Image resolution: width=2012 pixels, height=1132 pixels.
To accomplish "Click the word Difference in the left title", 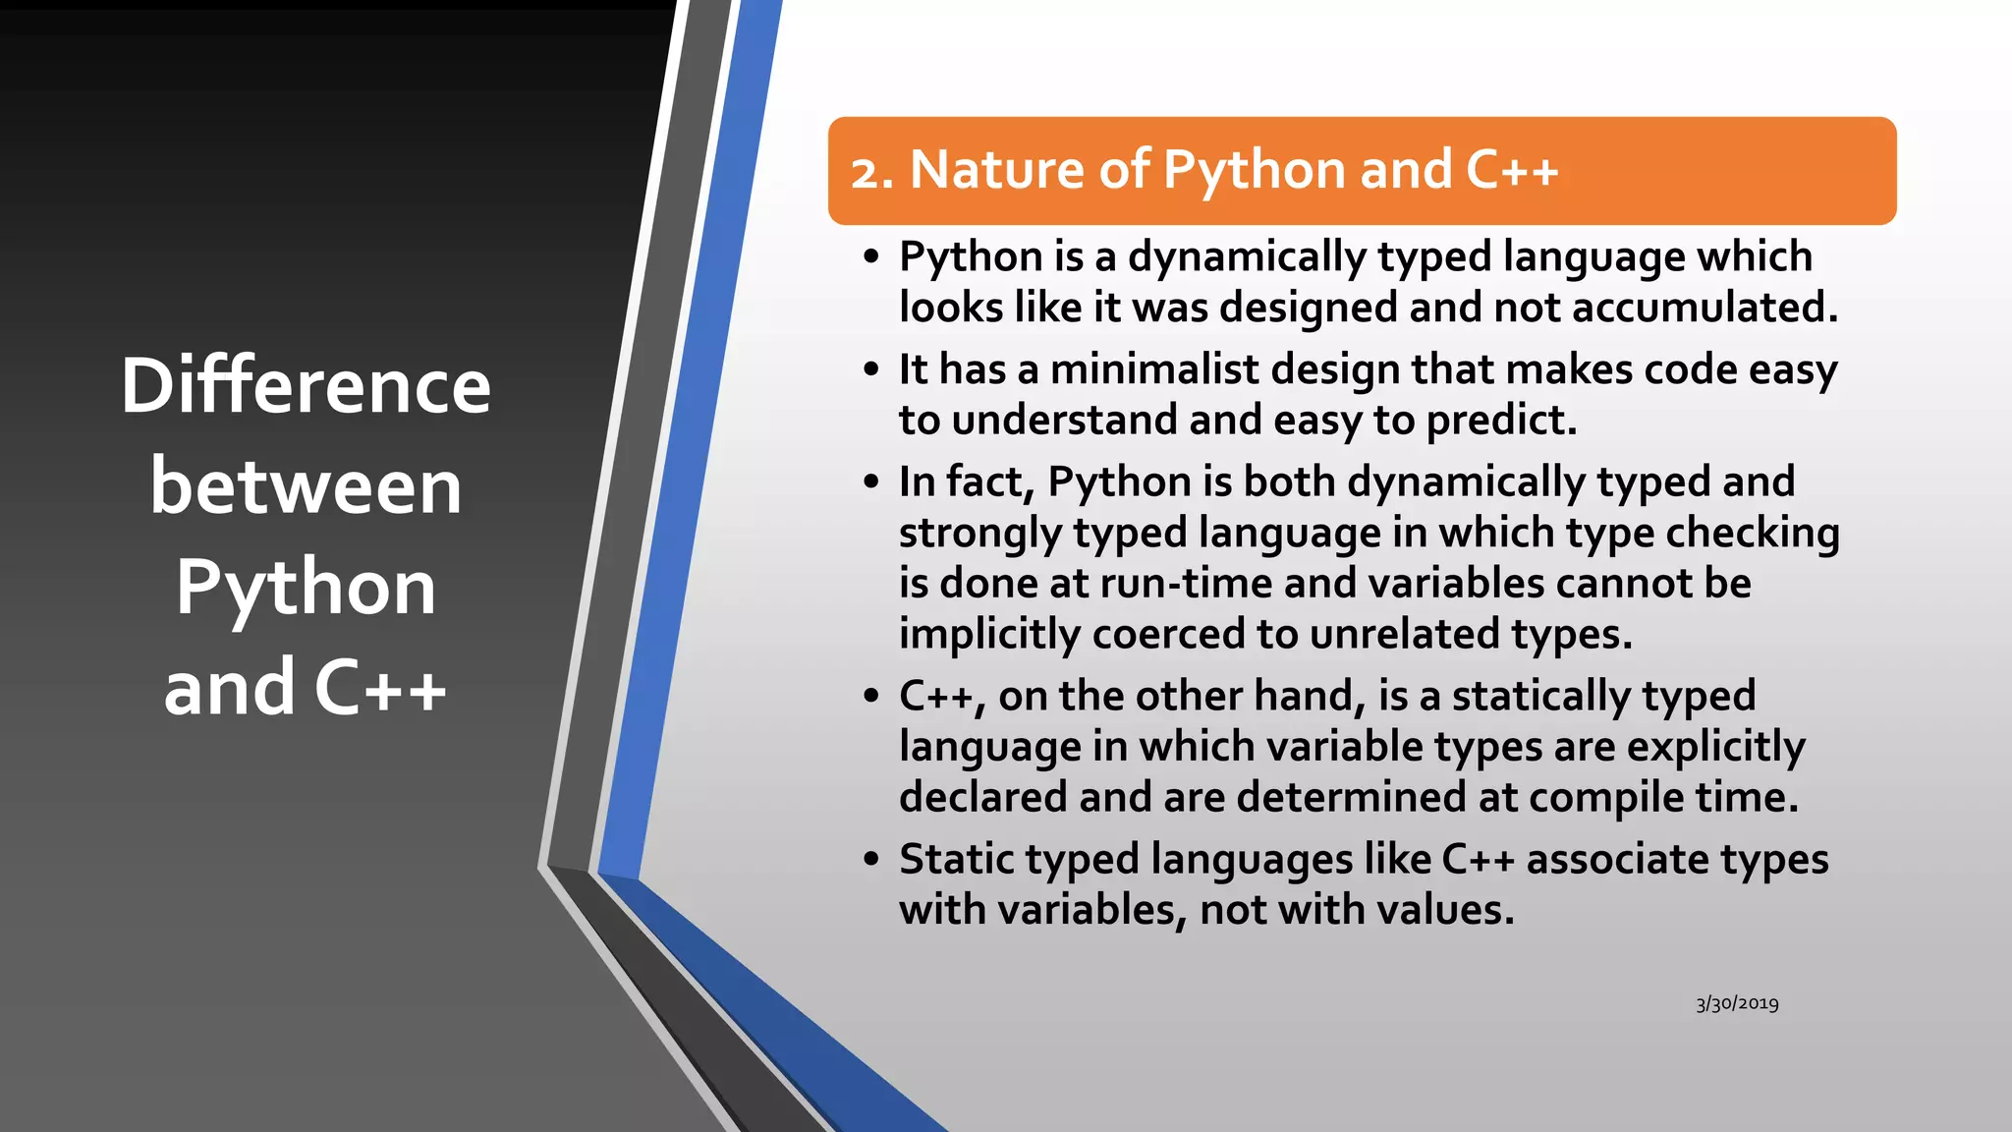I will (x=306, y=386).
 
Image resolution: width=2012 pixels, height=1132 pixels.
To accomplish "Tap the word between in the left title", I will (x=306, y=487).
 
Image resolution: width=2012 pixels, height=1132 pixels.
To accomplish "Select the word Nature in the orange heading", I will (x=997, y=170).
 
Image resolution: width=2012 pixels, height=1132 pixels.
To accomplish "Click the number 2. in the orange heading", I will (x=872, y=172).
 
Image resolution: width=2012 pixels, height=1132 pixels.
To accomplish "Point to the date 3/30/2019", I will (x=1737, y=1003).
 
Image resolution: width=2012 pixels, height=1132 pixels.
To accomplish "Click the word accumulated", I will (x=1705, y=308).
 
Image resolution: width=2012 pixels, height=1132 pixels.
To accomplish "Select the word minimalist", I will (x=1154, y=370).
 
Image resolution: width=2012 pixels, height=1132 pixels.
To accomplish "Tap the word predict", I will (x=1501, y=421).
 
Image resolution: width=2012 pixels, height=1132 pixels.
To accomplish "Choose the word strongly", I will (x=979, y=534).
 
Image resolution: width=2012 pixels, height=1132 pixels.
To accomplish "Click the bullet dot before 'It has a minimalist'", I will (x=871, y=370).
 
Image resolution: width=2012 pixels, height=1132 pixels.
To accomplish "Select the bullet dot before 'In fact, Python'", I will (x=871, y=482).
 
